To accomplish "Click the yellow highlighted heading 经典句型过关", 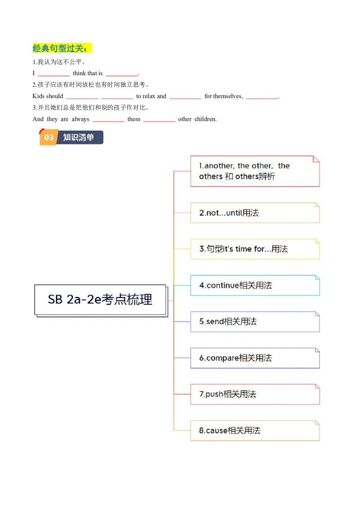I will [x=63, y=48].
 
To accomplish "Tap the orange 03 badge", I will [x=49, y=138].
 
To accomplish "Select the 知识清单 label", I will [x=79, y=138].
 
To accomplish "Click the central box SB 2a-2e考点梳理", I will [x=100, y=299].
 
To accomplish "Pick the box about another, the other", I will [x=255, y=171].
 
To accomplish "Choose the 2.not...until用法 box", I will [x=255, y=213].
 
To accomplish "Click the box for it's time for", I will [x=255, y=249].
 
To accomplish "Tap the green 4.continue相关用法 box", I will [x=255, y=286].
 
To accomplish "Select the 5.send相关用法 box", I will [x=255, y=321].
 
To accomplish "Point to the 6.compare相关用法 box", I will [x=255, y=358].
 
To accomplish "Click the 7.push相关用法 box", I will [x=255, y=394].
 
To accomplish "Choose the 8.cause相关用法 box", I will [x=255, y=431].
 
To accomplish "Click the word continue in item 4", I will [x=223, y=286].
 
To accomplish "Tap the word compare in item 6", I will [x=222, y=358].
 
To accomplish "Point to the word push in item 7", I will [x=214, y=394].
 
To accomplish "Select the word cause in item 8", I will [x=216, y=431].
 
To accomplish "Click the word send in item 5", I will [x=215, y=321].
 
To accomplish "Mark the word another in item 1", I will [x=219, y=166].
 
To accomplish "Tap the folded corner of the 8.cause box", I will [x=317, y=423].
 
